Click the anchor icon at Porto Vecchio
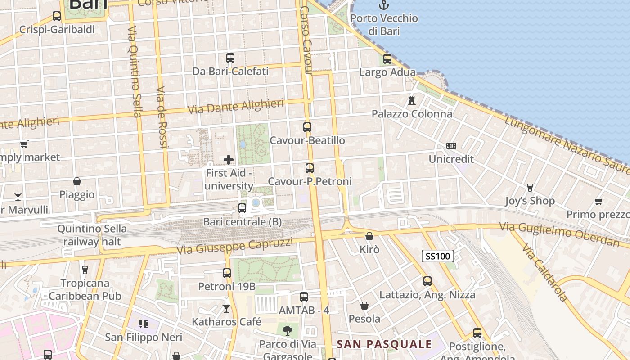pyautogui.click(x=384, y=5)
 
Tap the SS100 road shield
pyautogui.click(x=437, y=256)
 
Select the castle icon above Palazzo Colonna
pyautogui.click(x=412, y=101)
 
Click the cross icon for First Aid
pyautogui.click(x=229, y=160)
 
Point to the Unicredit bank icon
pyautogui.click(x=451, y=146)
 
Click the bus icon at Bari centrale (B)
pyautogui.click(x=242, y=208)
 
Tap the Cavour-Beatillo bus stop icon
pyautogui.click(x=307, y=127)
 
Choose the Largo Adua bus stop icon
pyautogui.click(x=387, y=59)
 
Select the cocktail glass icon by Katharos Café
pyautogui.click(x=226, y=309)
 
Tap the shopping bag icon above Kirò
pyautogui.click(x=369, y=236)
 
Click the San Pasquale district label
pyautogui.click(x=384, y=344)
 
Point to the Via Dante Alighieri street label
pyautogui.click(x=235, y=107)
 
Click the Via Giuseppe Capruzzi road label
pyautogui.click(x=234, y=247)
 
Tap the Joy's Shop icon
pyautogui.click(x=530, y=188)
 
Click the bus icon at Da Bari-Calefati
pyautogui.click(x=230, y=58)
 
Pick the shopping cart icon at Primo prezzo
pyautogui.click(x=598, y=201)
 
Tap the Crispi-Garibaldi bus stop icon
pyautogui.click(x=57, y=16)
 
